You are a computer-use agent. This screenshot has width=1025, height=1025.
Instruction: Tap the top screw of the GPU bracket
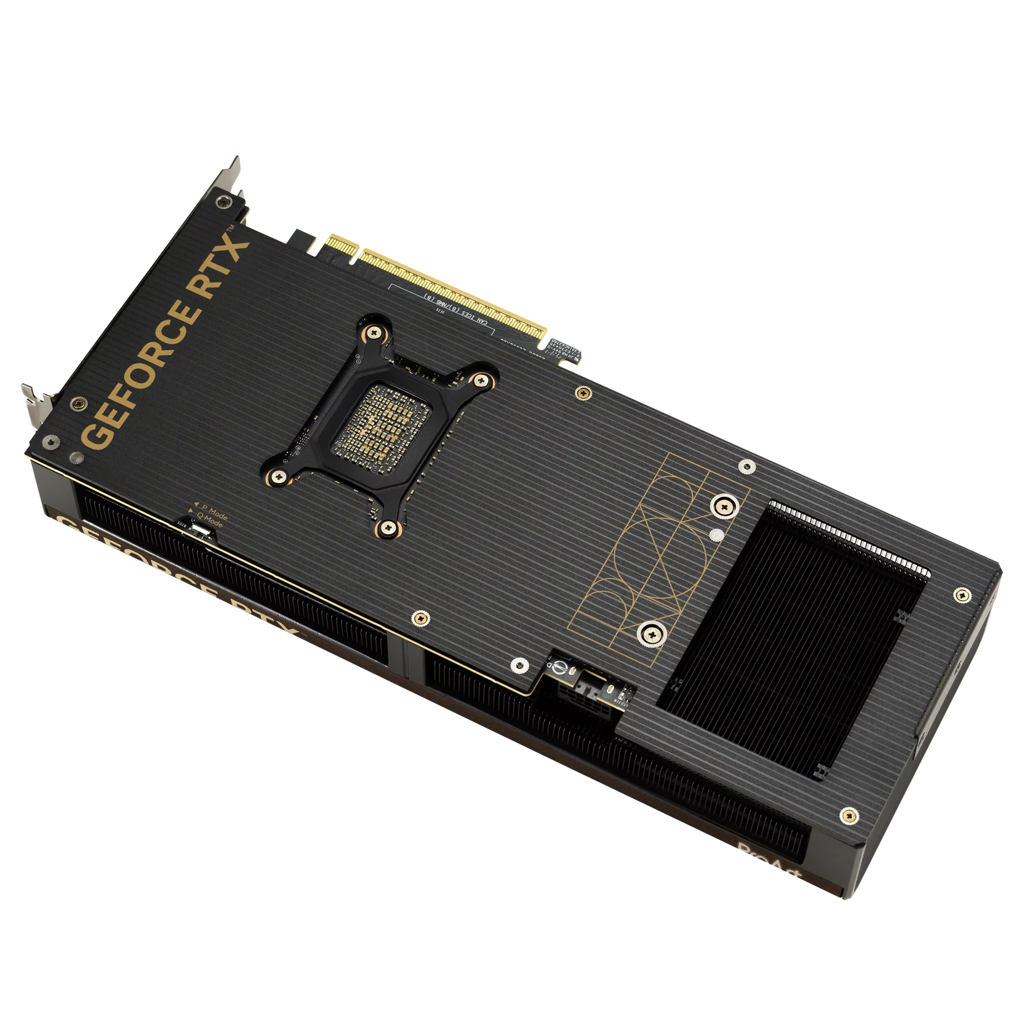pos(375,333)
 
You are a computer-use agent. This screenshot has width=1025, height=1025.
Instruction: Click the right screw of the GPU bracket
pos(480,379)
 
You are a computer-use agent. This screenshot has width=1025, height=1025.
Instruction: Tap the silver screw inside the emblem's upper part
pos(725,506)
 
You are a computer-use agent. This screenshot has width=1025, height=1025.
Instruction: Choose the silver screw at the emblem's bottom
pos(651,633)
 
